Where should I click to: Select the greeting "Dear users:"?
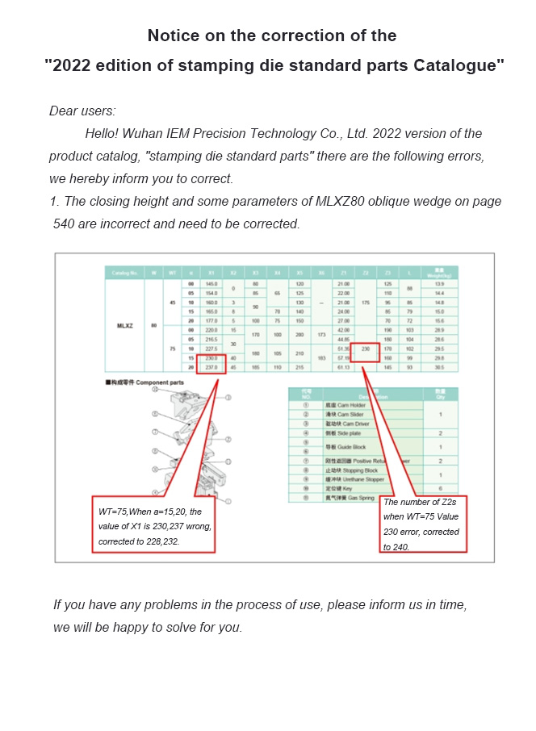(82, 111)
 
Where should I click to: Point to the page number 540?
(64, 223)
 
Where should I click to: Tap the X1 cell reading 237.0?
(212, 366)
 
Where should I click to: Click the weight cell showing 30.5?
(439, 367)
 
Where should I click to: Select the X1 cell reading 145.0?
(212, 284)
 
